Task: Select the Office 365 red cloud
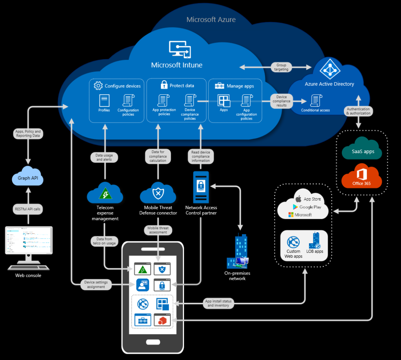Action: click(361, 178)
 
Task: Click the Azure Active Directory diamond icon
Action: click(330, 69)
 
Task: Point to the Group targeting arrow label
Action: click(281, 67)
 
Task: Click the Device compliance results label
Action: click(281, 101)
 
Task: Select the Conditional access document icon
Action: click(316, 100)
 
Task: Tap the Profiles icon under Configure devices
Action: click(104, 101)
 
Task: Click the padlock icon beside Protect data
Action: click(163, 85)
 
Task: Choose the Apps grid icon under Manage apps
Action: click(224, 101)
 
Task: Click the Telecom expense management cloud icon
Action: click(105, 193)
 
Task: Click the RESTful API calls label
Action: click(28, 209)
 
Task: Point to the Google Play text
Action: click(309, 207)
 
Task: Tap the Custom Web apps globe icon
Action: click(293, 242)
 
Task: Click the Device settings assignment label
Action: click(96, 284)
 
